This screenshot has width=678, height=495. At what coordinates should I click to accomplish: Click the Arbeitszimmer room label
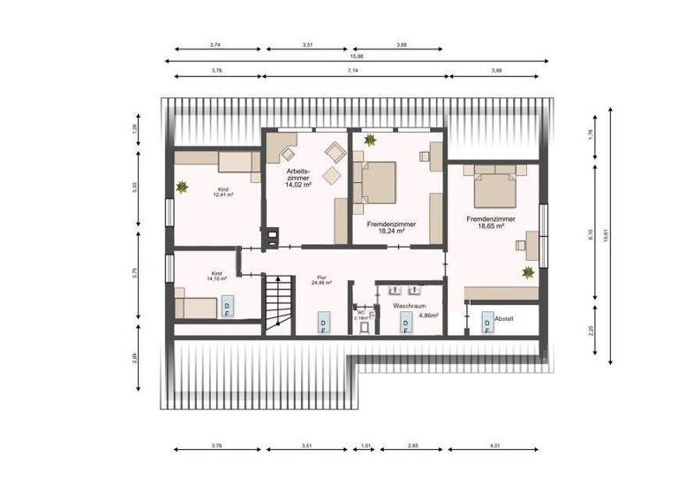point(298,172)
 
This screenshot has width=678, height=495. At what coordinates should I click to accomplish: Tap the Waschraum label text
point(410,304)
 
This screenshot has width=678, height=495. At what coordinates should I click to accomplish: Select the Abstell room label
point(504,318)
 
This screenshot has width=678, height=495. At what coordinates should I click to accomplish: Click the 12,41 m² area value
point(222,194)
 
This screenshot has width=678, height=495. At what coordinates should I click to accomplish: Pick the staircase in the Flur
point(277,303)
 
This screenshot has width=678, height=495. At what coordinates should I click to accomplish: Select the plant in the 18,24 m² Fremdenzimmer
point(369,140)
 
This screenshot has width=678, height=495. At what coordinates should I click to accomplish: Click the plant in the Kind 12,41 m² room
point(182,187)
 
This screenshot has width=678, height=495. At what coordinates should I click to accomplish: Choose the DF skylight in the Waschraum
point(405,326)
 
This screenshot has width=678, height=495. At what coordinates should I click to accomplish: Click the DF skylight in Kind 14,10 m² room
point(227,307)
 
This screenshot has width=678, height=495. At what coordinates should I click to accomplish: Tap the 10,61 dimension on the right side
point(606,235)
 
